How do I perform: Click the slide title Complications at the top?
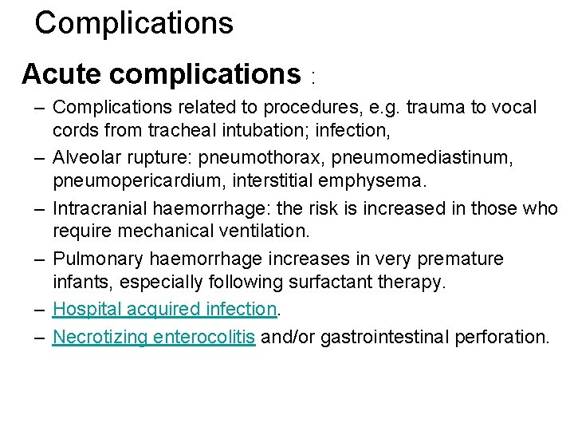(134, 22)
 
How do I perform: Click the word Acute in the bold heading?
(62, 74)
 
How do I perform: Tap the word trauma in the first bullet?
(431, 107)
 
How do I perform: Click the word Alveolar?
(84, 157)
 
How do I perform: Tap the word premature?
(454, 259)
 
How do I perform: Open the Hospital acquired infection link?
(164, 309)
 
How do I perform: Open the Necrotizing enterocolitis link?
(154, 337)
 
